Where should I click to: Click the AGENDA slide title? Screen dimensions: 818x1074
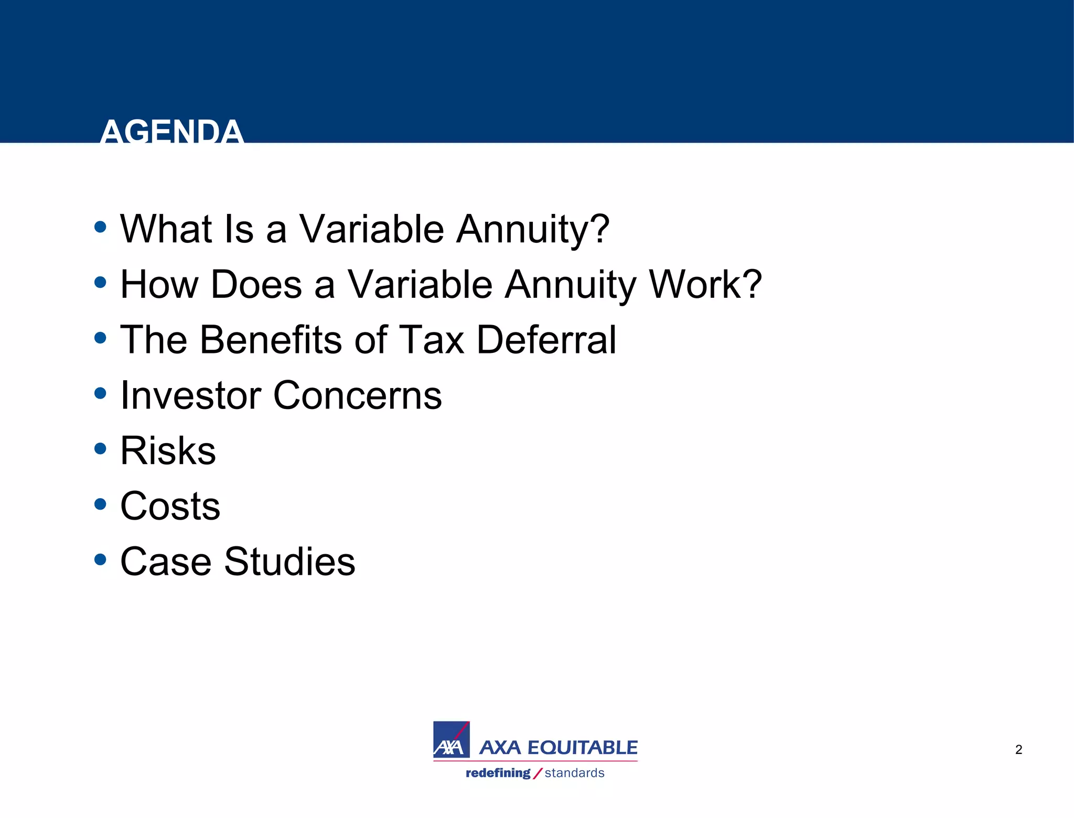pyautogui.click(x=171, y=131)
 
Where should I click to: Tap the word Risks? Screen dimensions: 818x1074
pyautogui.click(x=168, y=451)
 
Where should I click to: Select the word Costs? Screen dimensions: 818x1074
pyautogui.click(x=170, y=507)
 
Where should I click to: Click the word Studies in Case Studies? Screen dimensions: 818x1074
pyautogui.click(x=289, y=562)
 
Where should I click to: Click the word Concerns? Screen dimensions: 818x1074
pyautogui.click(x=357, y=395)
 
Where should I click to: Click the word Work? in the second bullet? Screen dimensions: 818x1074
pyautogui.click(x=705, y=285)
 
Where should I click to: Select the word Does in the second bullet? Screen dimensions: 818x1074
pyautogui.click(x=256, y=285)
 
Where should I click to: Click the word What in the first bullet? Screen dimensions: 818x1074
pyautogui.click(x=165, y=229)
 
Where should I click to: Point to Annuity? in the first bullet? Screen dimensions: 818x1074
pyautogui.click(x=532, y=229)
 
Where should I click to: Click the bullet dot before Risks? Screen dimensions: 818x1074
pyautogui.click(x=100, y=449)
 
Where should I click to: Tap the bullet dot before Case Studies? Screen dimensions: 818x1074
pyautogui.click(x=100, y=559)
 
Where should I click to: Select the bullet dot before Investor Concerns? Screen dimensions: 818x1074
pyautogui.click(x=100, y=393)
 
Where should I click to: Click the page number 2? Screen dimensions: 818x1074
pyautogui.click(x=1018, y=750)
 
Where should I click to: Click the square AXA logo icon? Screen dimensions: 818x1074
pyautogui.click(x=451, y=739)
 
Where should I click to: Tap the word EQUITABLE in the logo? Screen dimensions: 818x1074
pyautogui.click(x=582, y=747)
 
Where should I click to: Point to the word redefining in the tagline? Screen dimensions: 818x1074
pyautogui.click(x=498, y=773)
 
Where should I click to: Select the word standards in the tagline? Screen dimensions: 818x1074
pyautogui.click(x=574, y=773)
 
